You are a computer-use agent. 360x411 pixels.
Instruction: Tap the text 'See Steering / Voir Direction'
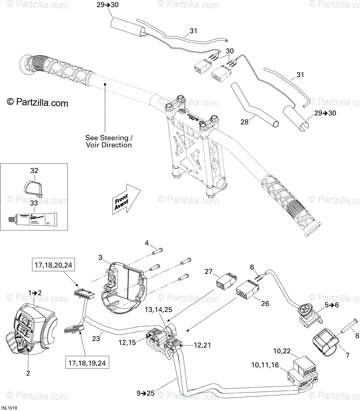pos(108,141)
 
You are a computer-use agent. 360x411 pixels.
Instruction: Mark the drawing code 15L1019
pos(9,408)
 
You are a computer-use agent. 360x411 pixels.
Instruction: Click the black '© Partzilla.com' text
pos(38,102)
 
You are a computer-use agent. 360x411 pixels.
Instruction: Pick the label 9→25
pos(146,394)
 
